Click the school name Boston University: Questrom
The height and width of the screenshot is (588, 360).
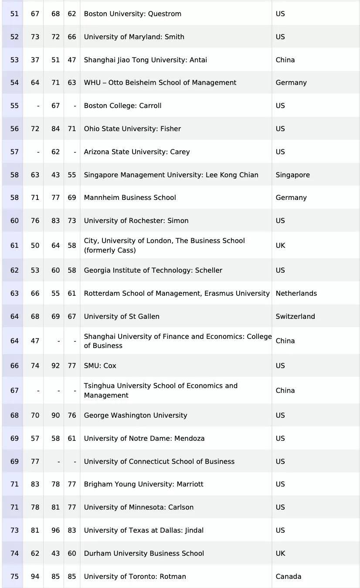[132, 14]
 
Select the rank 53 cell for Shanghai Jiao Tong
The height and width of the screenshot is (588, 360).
[14, 60]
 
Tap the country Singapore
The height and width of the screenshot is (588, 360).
[292, 175]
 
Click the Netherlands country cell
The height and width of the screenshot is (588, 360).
[296, 294]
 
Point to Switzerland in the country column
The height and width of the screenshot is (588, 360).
[295, 317]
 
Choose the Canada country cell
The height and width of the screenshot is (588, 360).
[288, 577]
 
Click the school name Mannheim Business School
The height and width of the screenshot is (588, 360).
[130, 198]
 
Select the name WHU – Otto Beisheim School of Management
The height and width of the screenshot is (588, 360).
[160, 83]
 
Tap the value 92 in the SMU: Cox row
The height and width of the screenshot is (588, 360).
[55, 366]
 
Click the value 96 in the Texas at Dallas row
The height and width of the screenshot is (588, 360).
[55, 531]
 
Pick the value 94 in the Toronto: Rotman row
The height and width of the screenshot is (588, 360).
[35, 577]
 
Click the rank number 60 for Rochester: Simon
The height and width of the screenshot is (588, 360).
[14, 221]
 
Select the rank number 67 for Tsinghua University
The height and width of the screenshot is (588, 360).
[14, 391]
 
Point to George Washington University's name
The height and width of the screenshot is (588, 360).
[136, 416]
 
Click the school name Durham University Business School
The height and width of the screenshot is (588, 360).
[144, 554]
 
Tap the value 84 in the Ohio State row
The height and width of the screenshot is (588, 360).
[55, 129]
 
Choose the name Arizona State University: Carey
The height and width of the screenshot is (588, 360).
[137, 152]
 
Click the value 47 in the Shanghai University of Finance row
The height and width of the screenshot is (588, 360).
[35, 341]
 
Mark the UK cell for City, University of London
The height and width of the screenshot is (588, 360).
[280, 246]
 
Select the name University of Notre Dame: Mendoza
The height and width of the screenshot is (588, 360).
[144, 439]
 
